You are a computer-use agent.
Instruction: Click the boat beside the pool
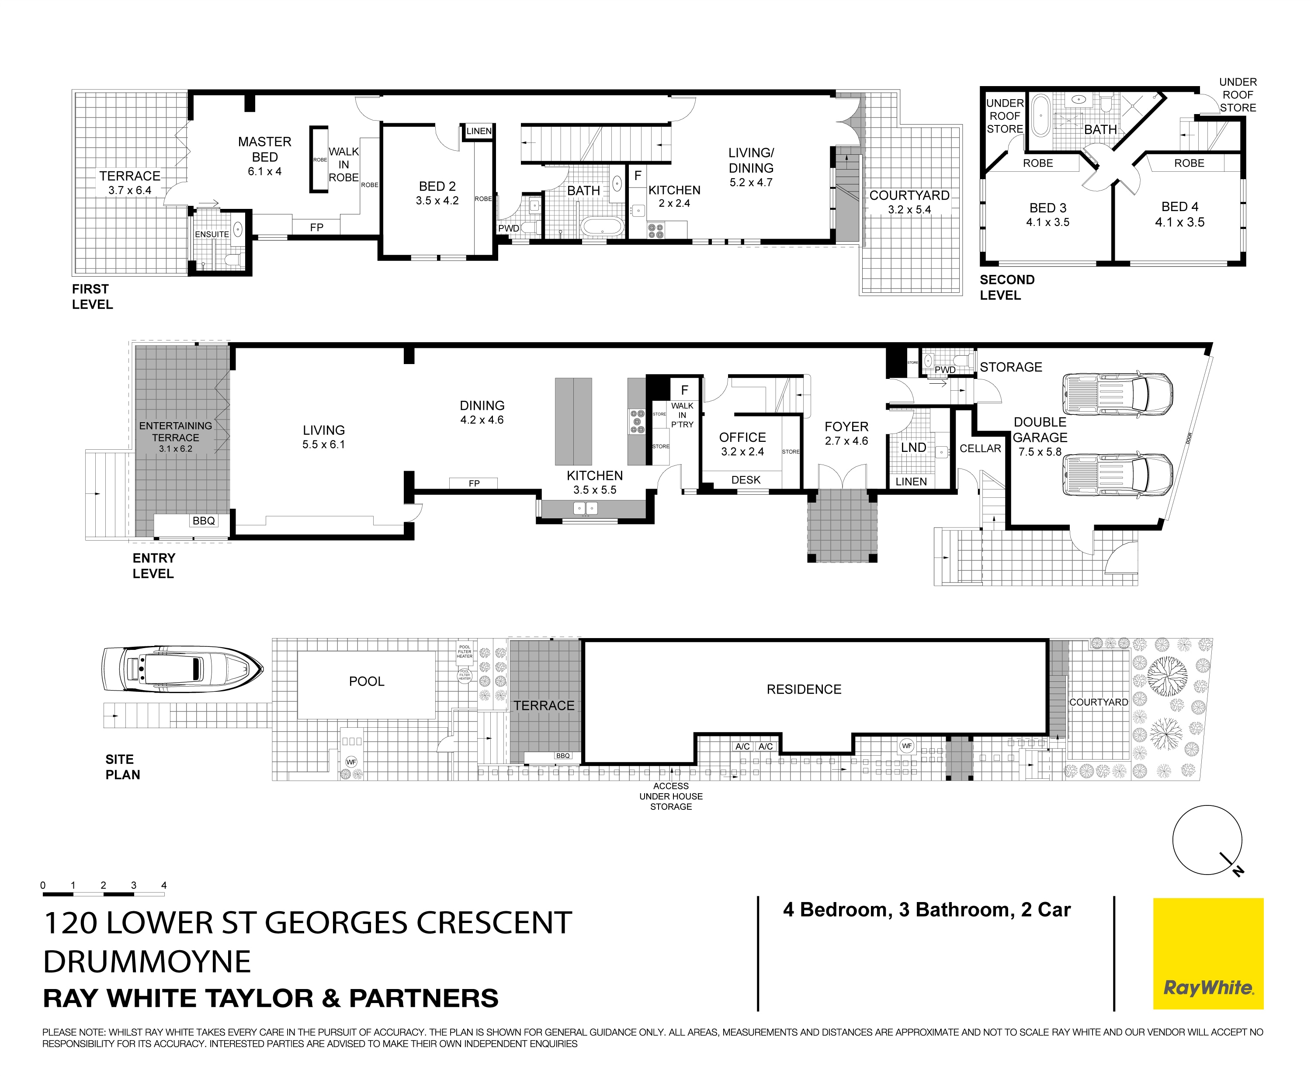tap(182, 670)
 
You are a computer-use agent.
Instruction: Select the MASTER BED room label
tap(265, 149)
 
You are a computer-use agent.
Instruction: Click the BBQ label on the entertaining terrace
tap(203, 521)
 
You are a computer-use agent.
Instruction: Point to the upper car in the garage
tap(1117, 394)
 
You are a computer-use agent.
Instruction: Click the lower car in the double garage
tap(1117, 476)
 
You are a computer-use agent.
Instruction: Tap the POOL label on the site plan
tap(366, 681)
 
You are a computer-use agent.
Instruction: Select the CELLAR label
tap(980, 448)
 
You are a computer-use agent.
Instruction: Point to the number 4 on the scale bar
tap(163, 885)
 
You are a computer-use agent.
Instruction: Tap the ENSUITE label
tap(212, 234)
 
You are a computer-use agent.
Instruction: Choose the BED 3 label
tap(1047, 208)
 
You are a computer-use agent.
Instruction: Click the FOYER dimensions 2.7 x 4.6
tap(846, 441)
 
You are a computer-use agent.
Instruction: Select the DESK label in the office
tap(746, 480)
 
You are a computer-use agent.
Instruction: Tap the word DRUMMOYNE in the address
tap(147, 961)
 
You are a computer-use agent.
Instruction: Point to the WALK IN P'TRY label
tap(682, 415)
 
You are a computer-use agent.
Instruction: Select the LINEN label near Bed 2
tap(479, 131)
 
